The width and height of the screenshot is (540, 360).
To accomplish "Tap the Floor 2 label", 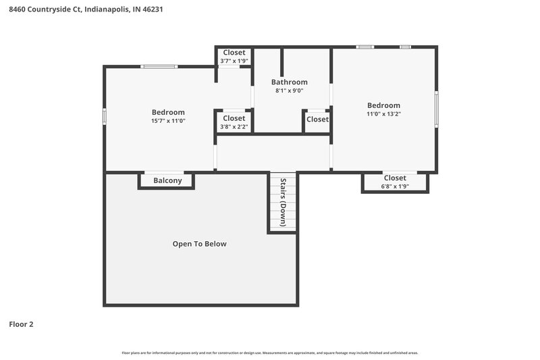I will [21, 324].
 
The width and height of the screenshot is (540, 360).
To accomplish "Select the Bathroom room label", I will [289, 82].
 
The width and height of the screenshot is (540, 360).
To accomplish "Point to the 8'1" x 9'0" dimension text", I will [289, 91].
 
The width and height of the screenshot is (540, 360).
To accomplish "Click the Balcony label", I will [167, 180].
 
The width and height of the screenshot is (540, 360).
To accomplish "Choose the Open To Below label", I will [199, 244].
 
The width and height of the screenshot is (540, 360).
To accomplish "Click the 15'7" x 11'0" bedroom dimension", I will [168, 121].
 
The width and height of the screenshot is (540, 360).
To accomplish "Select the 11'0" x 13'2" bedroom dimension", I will [383, 113].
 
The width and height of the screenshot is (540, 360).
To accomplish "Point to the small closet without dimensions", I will [317, 120].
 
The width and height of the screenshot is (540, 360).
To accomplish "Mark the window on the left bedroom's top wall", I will [159, 66].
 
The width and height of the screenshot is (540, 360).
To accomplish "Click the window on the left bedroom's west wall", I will [104, 116].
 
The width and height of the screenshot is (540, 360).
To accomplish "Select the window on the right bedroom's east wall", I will [436, 109].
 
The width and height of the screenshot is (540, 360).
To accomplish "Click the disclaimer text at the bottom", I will [270, 353].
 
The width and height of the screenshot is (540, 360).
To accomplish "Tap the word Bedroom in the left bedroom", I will [168, 112].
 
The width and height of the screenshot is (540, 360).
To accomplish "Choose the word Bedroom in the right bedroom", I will [383, 105].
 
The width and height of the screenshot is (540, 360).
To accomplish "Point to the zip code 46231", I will [151, 10].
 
